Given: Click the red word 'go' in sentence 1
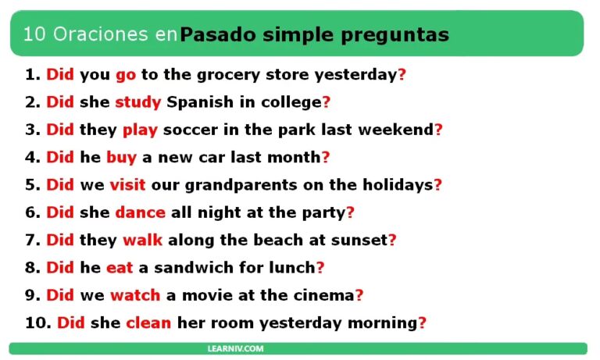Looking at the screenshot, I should (x=125, y=76).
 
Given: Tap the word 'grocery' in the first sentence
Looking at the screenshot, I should (x=214, y=76).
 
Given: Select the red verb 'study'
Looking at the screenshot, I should (x=137, y=102).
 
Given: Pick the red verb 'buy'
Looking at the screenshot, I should (x=121, y=157).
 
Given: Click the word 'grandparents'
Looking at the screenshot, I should (x=205, y=185).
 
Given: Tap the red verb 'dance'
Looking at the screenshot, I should (x=140, y=212).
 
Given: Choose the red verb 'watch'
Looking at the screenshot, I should (x=134, y=295).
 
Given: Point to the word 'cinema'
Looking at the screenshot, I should (x=323, y=295).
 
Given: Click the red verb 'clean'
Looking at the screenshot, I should (x=148, y=323).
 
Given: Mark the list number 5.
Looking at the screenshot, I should (x=31, y=185).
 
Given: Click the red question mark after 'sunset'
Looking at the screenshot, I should (x=392, y=240).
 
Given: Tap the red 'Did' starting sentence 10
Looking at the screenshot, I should (x=71, y=323).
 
